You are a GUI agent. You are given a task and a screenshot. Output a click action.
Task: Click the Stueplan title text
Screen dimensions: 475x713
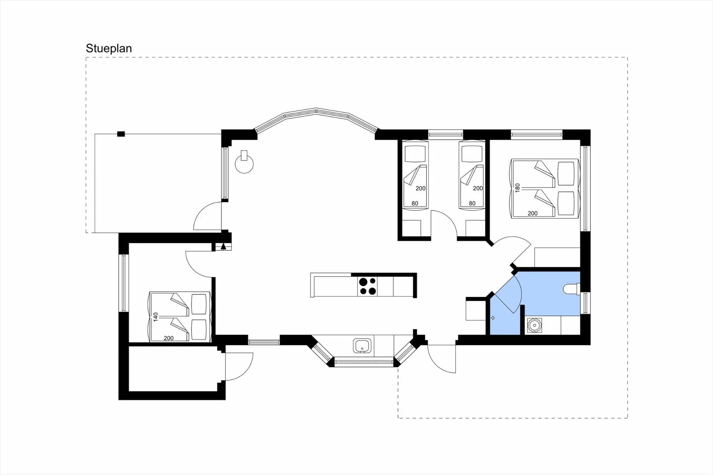(109, 48)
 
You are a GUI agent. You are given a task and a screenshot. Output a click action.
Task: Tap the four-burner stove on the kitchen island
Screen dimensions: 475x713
(368, 286)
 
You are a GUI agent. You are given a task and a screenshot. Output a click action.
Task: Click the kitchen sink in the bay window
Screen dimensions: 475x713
(362, 346)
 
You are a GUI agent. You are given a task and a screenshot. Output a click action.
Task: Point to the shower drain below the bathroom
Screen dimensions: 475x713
(534, 326)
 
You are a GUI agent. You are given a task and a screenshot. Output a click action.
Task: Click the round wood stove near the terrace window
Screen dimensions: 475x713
(244, 164)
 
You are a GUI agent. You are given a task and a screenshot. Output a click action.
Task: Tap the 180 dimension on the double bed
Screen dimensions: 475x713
(517, 188)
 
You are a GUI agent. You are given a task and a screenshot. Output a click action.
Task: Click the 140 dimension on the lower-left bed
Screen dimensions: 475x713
(156, 316)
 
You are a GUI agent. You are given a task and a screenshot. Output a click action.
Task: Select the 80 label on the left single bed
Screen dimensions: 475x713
(415, 204)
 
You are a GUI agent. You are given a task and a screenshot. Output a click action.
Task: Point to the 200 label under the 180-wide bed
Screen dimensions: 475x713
(533, 214)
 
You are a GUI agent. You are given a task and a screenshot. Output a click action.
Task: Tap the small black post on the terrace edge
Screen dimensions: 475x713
(121, 134)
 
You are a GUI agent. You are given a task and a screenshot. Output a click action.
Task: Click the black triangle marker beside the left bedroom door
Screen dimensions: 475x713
(223, 246)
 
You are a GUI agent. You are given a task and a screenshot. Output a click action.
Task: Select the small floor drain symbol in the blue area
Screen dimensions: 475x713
(493, 318)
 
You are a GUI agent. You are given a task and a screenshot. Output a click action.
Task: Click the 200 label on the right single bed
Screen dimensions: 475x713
(478, 188)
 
